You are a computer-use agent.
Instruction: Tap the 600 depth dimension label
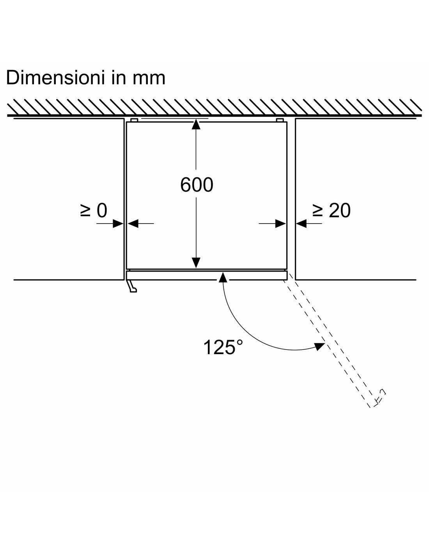pos(197,185)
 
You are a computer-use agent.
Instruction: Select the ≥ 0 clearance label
pos(94,210)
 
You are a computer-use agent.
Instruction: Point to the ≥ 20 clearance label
pos(331,210)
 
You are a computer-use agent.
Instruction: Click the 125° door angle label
pos(223,347)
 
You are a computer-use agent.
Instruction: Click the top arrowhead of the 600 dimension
pos(196,124)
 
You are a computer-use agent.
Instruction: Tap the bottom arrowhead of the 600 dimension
pos(196,263)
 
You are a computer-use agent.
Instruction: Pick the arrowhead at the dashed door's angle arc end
pos(319,346)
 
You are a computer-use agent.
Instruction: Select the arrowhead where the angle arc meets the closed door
pos(223,277)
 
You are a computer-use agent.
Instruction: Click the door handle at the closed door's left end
pos(132,286)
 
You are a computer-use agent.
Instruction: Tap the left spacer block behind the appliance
pos(134,120)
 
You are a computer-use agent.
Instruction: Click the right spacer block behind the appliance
pos(280,120)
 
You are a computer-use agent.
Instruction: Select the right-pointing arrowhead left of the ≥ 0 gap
pos(118,224)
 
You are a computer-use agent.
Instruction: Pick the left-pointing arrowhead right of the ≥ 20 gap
pos(301,224)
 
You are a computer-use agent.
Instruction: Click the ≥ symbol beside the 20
pos(318,211)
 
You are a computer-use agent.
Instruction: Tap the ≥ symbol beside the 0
pos(85,211)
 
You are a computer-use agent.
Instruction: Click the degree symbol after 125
pos(239,343)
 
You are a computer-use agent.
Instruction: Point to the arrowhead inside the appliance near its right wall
pos(280,224)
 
